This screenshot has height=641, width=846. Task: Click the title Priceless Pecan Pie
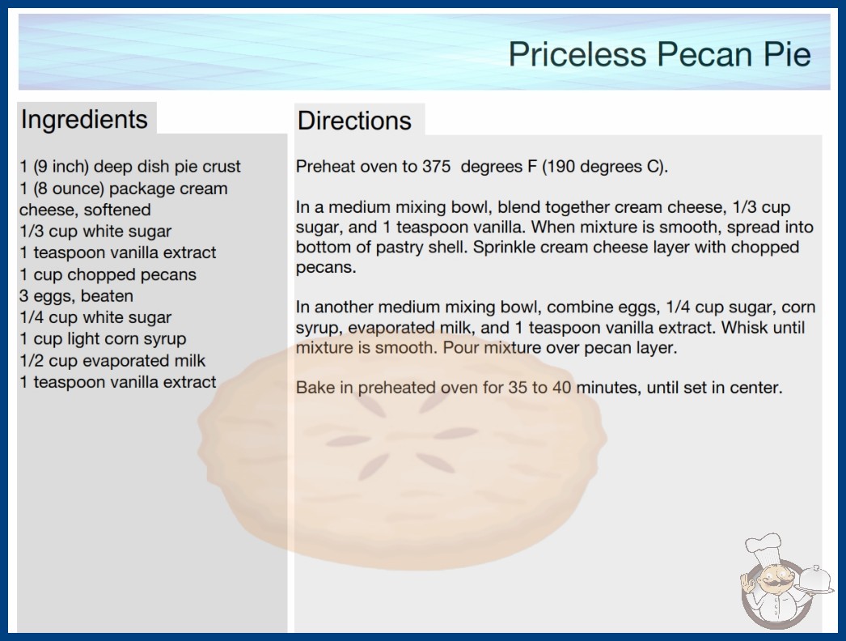(x=659, y=54)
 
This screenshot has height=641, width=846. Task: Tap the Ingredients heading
(x=84, y=120)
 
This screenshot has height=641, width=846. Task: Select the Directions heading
(x=354, y=121)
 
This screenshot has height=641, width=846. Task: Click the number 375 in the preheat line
(x=436, y=167)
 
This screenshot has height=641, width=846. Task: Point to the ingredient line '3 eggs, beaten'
(x=76, y=296)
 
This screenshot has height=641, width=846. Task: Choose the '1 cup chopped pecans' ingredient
(x=108, y=274)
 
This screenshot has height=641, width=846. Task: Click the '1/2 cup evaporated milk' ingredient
(x=112, y=360)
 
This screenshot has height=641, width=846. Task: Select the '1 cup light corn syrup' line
(x=103, y=338)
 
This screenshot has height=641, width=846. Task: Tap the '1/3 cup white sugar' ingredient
(x=95, y=231)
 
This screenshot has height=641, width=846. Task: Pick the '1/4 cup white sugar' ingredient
(x=95, y=317)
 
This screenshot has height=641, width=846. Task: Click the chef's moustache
(x=772, y=583)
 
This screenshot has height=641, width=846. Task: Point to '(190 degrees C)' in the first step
(x=604, y=167)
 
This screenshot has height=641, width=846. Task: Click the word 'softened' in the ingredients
(x=117, y=210)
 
